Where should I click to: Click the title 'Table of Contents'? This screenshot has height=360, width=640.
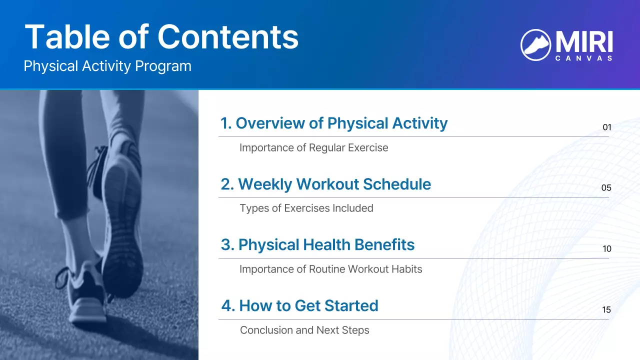tap(161, 37)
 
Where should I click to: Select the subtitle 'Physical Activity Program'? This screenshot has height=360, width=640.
tap(107, 66)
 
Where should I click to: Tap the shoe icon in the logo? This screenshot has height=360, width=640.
tap(535, 44)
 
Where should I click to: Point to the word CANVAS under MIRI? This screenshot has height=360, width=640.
tap(583, 58)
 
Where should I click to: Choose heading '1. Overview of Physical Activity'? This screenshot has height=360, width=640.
tap(333, 123)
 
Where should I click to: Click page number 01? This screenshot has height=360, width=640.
tap(606, 127)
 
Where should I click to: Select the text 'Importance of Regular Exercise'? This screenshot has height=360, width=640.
tap(313, 147)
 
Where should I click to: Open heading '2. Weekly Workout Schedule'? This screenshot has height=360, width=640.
tap(325, 184)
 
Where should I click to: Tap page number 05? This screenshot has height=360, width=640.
tap(606, 188)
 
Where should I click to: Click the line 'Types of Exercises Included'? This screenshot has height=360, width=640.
tap(306, 208)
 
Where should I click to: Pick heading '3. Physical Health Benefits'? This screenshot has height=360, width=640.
tap(317, 245)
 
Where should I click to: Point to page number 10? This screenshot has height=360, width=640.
tap(606, 249)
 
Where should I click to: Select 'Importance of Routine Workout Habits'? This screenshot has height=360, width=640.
tap(330, 269)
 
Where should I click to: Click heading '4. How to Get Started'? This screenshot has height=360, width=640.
tap(299, 305)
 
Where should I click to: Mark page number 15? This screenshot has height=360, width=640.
tap(606, 310)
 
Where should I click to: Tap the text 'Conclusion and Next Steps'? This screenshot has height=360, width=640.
tap(304, 330)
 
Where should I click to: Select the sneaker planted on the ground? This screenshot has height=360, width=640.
tap(85, 295)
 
